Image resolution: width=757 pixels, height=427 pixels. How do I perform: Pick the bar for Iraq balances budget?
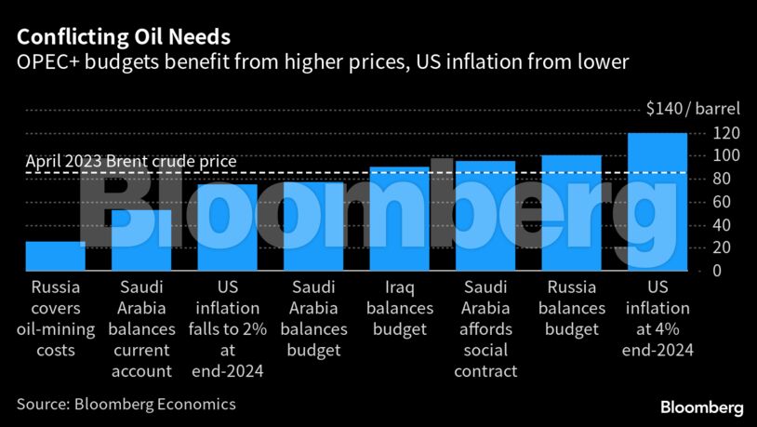pos(400,219)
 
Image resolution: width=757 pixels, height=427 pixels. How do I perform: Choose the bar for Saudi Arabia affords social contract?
pos(485,216)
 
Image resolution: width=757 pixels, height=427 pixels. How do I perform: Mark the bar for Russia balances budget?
pos(572,213)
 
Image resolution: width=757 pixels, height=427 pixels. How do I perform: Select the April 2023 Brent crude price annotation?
pos(131,162)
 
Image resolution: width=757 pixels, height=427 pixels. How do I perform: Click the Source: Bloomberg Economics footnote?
pos(126,404)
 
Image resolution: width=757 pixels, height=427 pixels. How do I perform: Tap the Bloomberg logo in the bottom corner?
pos(701,407)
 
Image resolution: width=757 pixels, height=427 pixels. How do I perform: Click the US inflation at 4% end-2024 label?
pos(657,318)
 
